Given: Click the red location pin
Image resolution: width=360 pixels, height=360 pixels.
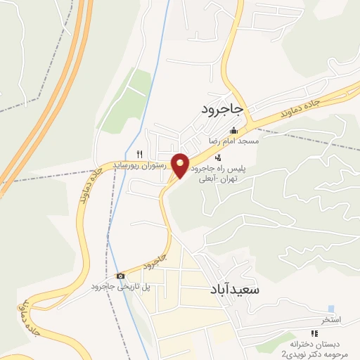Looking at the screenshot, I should coord(181,165).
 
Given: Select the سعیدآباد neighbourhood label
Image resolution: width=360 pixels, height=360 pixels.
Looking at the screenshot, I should coord(235,290).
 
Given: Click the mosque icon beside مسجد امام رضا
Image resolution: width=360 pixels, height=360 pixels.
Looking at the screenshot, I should coord(233,130).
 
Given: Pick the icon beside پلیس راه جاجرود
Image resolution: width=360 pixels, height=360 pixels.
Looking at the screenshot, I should coord(219,157).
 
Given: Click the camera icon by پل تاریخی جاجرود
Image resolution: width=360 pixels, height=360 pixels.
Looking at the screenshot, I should coord(120,276).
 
